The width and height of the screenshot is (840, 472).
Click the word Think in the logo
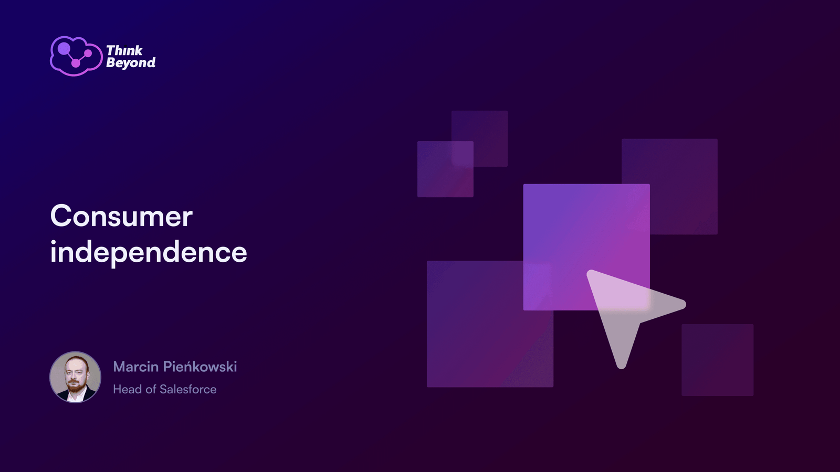pos(124,50)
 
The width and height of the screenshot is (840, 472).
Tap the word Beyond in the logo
pos(131,62)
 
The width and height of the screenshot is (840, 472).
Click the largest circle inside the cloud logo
pos(64,48)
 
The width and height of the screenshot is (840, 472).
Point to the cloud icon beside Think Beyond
pos(76,56)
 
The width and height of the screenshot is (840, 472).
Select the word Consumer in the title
pos(121,216)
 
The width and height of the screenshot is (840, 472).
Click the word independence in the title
pos(149,252)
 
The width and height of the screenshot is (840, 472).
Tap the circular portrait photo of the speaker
pos(76,377)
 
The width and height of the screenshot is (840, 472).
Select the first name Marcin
pos(136,367)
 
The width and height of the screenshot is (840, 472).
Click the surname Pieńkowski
pos(200,367)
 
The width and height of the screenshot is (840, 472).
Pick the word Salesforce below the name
pos(188,389)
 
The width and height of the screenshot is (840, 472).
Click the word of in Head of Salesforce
pos(151,389)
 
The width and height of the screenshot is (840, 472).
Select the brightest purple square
pos(586,247)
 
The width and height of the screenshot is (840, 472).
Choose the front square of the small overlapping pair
pos(446,169)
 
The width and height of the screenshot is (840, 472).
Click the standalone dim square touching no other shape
pos(717,360)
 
